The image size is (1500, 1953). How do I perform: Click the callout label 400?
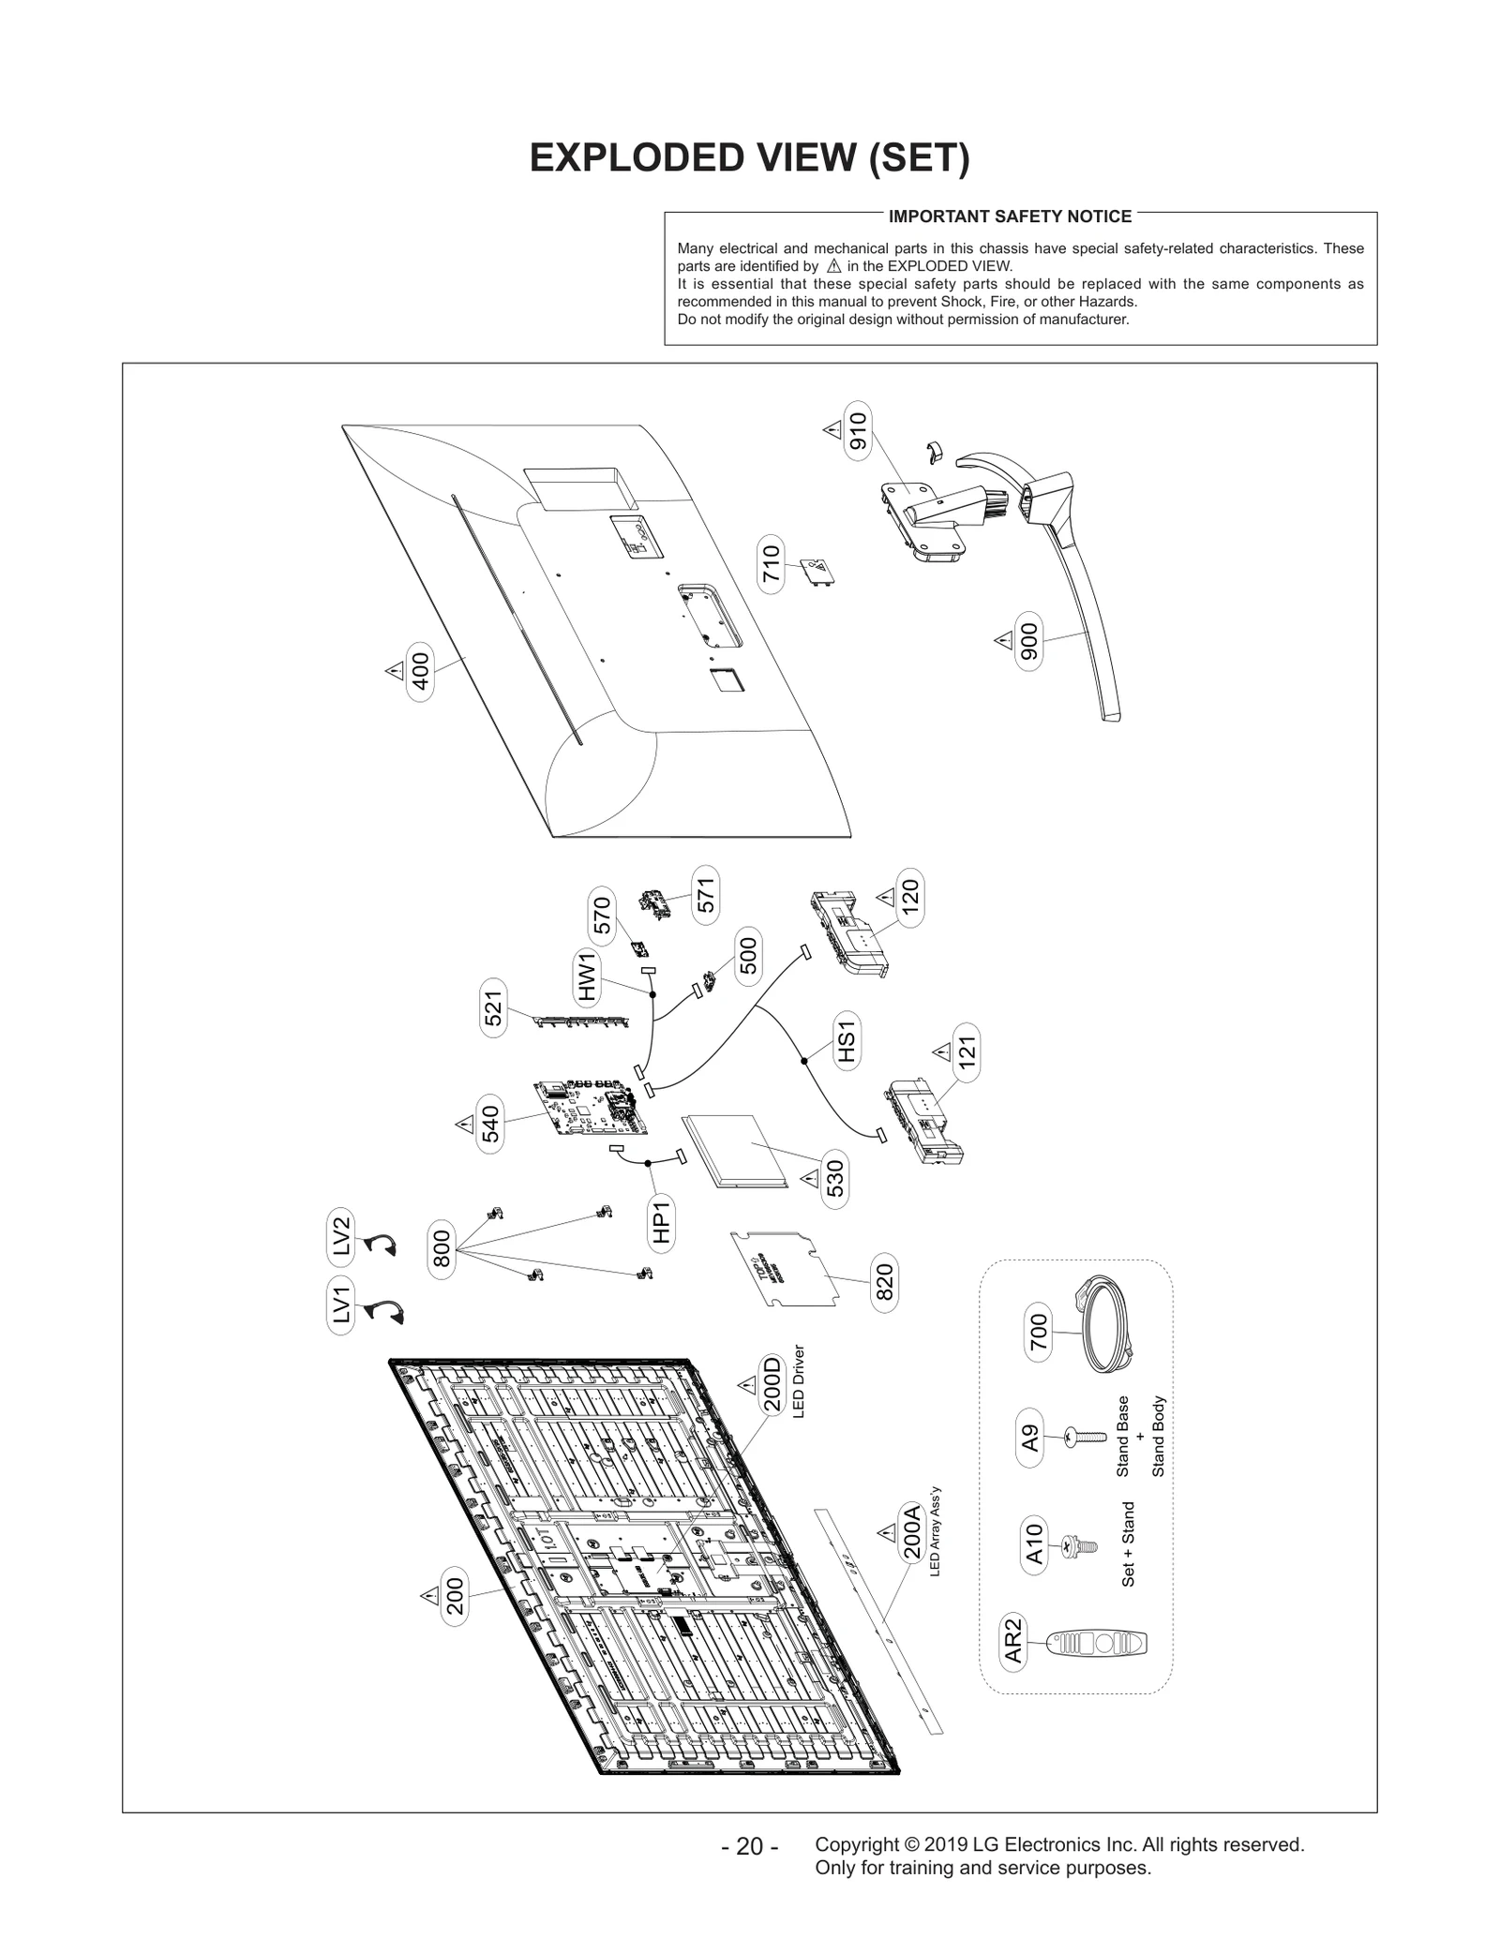[421, 671]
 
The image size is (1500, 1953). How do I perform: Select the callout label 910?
[858, 430]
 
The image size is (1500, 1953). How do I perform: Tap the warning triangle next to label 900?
[1002, 641]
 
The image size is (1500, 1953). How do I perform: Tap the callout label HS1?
[847, 1043]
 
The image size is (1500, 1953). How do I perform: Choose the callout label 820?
[884, 1281]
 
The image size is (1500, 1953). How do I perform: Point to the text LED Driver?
[799, 1381]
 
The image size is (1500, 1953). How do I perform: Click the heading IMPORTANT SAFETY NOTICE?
[1010, 216]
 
